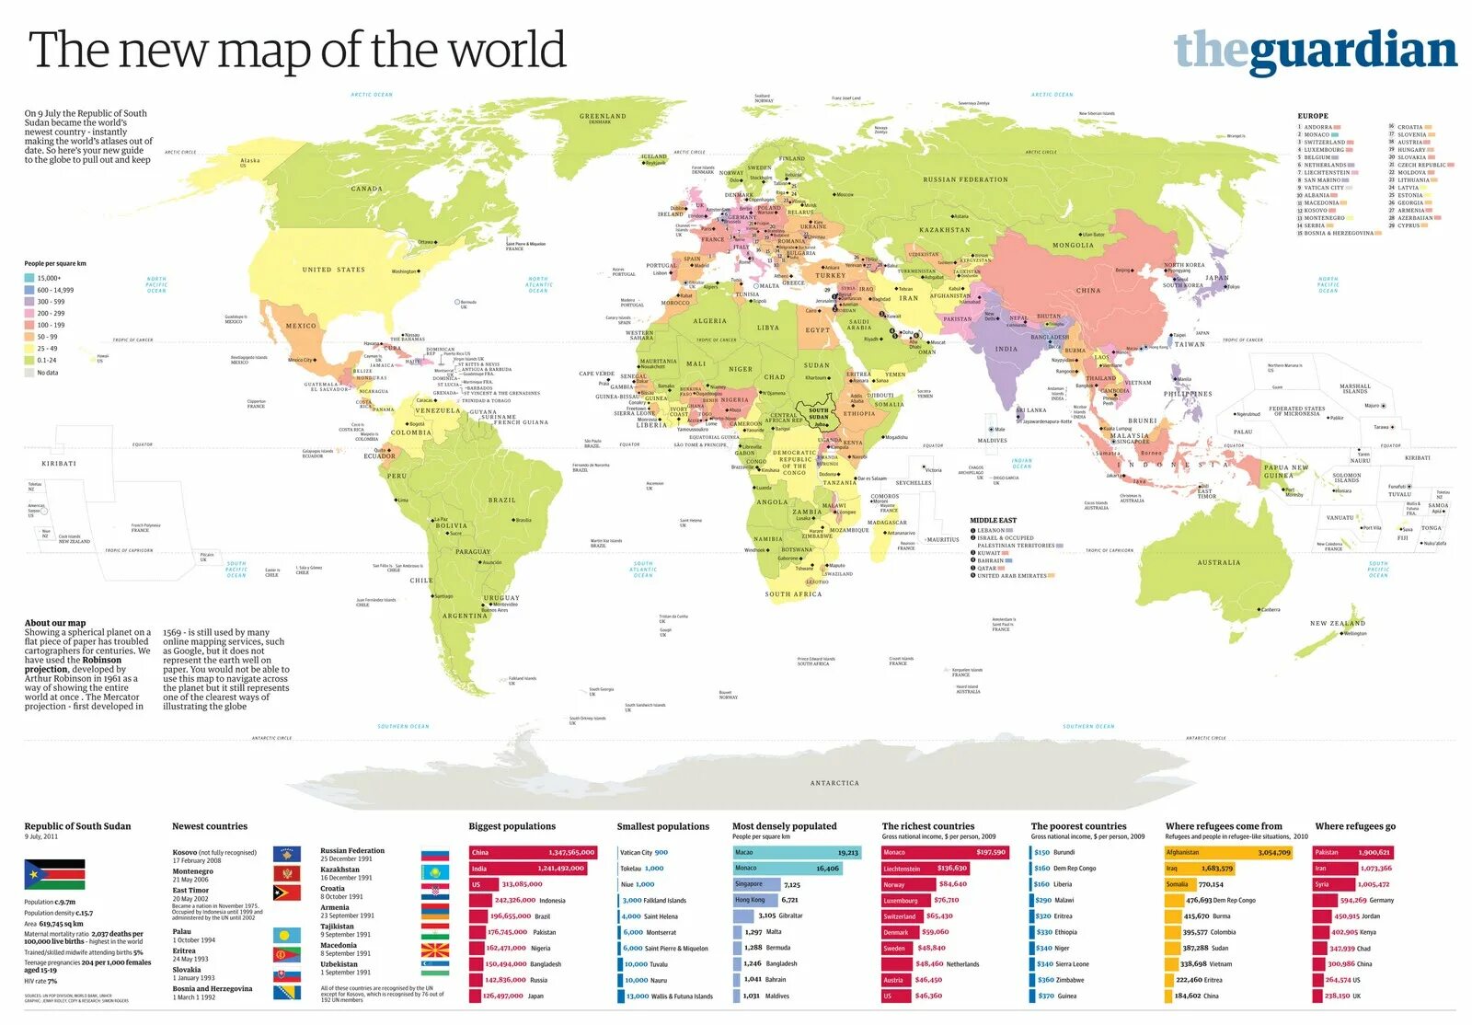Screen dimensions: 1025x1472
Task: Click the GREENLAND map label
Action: coord(603,117)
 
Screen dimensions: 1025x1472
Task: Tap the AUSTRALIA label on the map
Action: coord(1218,562)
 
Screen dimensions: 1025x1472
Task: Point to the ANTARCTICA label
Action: coord(834,783)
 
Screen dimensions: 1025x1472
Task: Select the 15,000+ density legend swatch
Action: coord(29,278)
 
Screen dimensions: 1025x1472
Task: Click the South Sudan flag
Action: coord(54,874)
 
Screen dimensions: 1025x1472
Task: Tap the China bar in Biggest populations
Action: coord(533,852)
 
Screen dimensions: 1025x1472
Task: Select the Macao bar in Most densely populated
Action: coord(796,852)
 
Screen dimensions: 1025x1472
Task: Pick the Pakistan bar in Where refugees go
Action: coord(1352,852)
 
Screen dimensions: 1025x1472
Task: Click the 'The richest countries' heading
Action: coord(927,826)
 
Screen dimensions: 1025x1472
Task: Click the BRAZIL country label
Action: coord(501,500)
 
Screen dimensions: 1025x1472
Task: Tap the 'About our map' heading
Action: coord(54,623)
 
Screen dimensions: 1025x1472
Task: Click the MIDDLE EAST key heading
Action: coord(993,520)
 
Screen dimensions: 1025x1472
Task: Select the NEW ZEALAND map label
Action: coord(1337,623)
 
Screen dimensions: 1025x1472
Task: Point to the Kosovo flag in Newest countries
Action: coord(286,855)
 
